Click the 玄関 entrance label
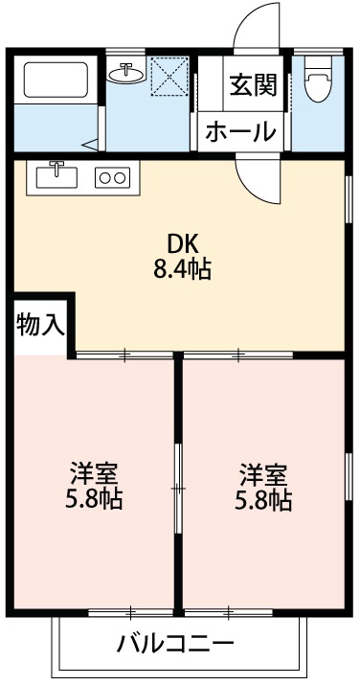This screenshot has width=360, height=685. pyautogui.click(x=253, y=85)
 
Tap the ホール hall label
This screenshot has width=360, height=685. pyautogui.click(x=240, y=131)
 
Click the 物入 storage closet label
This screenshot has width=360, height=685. pyautogui.click(x=40, y=325)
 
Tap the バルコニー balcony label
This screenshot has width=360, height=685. pyautogui.click(x=175, y=642)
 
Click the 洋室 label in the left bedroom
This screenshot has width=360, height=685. pyautogui.click(x=94, y=472)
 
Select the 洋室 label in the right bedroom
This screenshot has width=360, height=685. pyautogui.click(x=263, y=472)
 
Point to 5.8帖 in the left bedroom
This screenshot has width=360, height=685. pyautogui.click(x=94, y=499)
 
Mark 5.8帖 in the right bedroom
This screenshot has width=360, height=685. pyautogui.click(x=263, y=499)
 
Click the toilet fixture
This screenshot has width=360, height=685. pyautogui.click(x=318, y=81)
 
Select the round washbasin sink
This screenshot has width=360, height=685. pyautogui.click(x=125, y=73)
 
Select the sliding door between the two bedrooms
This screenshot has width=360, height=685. pyautogui.click(x=176, y=487)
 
